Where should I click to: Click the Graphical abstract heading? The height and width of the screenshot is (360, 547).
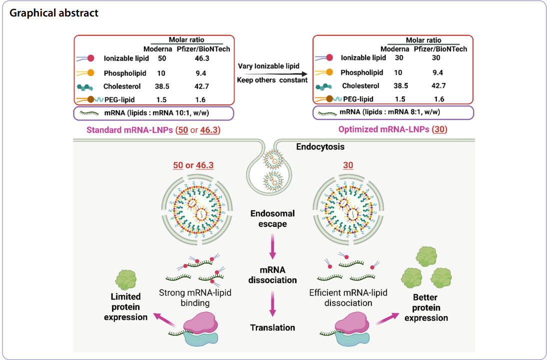(54, 13)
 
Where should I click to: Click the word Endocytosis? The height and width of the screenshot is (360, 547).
(320, 146)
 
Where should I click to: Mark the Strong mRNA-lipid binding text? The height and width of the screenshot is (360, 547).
(198, 297)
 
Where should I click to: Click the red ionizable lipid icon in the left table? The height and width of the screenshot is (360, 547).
(89, 58)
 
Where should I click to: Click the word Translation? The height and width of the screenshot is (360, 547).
(273, 327)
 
